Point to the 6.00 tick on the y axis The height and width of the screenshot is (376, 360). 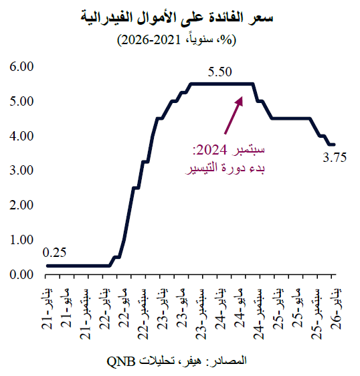pyautogui.click(x=21, y=66)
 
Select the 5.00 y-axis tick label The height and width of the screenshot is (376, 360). pyautogui.click(x=21, y=101)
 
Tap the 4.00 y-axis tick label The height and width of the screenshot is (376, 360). pyautogui.click(x=21, y=136)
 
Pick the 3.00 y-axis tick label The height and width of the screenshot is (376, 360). pyautogui.click(x=21, y=171)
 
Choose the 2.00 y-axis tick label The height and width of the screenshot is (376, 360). pyautogui.click(x=21, y=205)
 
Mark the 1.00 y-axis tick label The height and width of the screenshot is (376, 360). pyautogui.click(x=21, y=240)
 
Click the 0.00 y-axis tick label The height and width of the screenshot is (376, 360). pyautogui.click(x=21, y=274)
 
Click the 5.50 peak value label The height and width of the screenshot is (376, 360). pyautogui.click(x=220, y=72)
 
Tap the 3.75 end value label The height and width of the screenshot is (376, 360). pyautogui.click(x=336, y=158)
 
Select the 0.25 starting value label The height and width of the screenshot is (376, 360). pyautogui.click(x=55, y=253)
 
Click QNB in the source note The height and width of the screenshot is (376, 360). pyautogui.click(x=121, y=361)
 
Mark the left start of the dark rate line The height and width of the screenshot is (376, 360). pyautogui.click(x=47, y=266)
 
